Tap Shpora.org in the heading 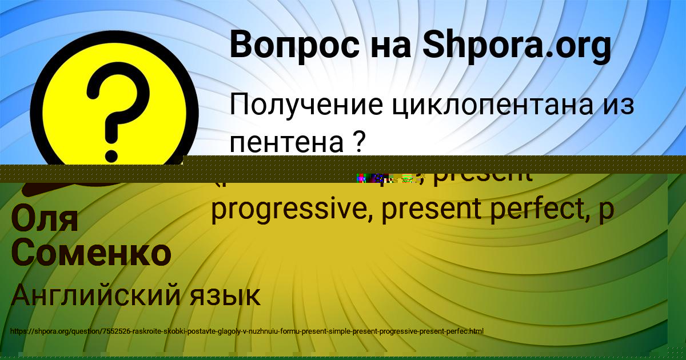coord(517,46)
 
